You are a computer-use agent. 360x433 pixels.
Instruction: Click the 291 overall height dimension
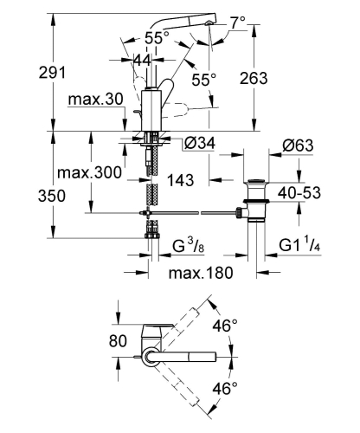click(x=52, y=73)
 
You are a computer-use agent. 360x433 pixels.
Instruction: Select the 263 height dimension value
click(x=254, y=78)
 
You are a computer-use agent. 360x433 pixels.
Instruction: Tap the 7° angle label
click(x=238, y=23)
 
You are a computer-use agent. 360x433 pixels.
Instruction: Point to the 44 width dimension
click(x=143, y=61)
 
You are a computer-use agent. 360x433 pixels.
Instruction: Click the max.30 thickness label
click(x=96, y=100)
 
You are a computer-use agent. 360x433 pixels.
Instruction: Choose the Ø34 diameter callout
click(x=200, y=143)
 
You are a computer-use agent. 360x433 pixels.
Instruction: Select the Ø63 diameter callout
click(x=298, y=145)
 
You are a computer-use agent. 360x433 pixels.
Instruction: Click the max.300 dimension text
click(x=89, y=173)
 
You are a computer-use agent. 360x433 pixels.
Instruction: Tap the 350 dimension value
click(x=52, y=196)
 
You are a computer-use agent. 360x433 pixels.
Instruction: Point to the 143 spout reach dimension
click(x=181, y=180)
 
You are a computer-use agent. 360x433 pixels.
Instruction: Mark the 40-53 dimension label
click(x=299, y=193)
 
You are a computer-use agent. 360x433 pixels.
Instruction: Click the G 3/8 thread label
click(x=189, y=246)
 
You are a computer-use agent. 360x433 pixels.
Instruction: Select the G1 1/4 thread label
click(x=299, y=245)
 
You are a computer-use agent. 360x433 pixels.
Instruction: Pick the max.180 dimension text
click(x=201, y=273)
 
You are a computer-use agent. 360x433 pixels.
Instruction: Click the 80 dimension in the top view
click(x=118, y=341)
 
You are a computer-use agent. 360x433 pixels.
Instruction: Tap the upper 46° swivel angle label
click(x=225, y=326)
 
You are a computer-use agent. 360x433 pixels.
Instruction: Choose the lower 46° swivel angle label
click(x=225, y=388)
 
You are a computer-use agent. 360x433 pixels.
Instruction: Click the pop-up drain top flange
click(x=256, y=182)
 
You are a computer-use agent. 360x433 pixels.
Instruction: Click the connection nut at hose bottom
click(x=152, y=236)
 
